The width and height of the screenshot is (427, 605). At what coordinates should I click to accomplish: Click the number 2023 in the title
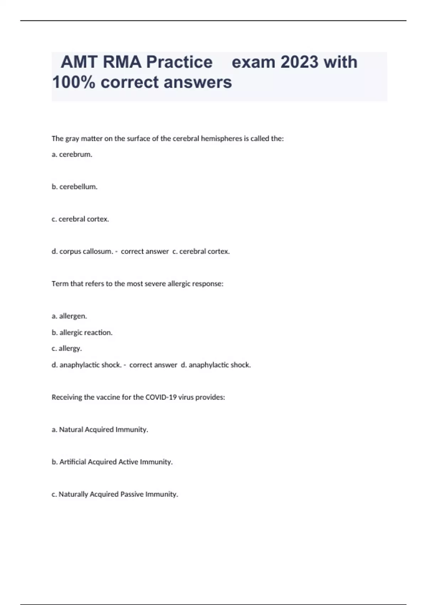click(x=299, y=62)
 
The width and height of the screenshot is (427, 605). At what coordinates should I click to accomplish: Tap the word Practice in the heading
click(x=179, y=62)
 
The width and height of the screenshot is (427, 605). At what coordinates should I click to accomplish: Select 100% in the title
click(x=74, y=82)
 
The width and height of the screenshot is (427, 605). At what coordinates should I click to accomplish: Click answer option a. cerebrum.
click(x=72, y=154)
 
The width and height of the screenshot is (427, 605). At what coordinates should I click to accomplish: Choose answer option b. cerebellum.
click(x=74, y=187)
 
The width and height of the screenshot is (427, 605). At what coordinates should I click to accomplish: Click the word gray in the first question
click(x=72, y=139)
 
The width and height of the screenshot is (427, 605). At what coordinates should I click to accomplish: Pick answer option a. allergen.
click(x=69, y=316)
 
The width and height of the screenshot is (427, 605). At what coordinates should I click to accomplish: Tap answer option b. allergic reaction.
click(x=82, y=332)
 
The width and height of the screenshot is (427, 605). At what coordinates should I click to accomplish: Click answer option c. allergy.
click(x=67, y=348)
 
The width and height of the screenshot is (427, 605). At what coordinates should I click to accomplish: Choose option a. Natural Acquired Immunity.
click(x=100, y=430)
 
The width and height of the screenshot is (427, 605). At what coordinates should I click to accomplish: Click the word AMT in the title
click(x=79, y=62)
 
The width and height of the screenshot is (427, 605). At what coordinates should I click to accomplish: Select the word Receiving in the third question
click(x=67, y=397)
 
